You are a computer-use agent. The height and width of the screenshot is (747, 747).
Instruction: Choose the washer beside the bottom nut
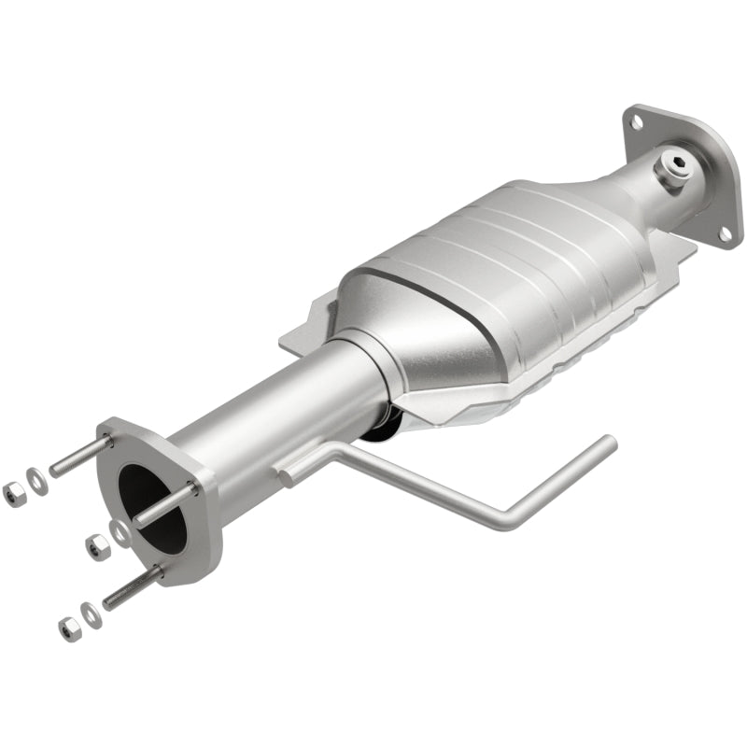click(x=91, y=613)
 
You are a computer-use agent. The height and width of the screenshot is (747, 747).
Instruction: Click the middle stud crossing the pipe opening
click(x=163, y=504)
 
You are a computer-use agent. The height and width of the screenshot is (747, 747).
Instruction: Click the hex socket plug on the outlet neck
click(x=676, y=168)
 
